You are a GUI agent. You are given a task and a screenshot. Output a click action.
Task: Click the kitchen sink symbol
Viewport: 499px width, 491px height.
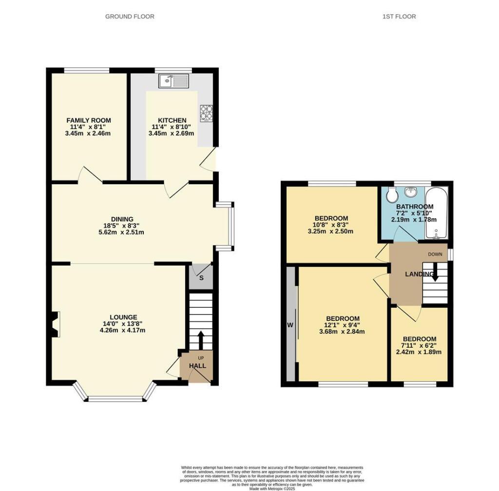pyautogui.click(x=173, y=81)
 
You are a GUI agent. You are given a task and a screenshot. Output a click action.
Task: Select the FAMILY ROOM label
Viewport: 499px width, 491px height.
pyautogui.click(x=89, y=120)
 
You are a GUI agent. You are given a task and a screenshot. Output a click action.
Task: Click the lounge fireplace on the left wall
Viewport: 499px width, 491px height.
pyautogui.click(x=55, y=324)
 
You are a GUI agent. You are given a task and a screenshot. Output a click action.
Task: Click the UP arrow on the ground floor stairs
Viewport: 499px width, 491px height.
pyautogui.click(x=200, y=340)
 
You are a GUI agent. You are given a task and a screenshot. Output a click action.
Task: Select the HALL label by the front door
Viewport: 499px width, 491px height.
pyautogui.click(x=197, y=366)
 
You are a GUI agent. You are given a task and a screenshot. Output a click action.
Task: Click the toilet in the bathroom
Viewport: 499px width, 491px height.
pyautogui.click(x=392, y=195)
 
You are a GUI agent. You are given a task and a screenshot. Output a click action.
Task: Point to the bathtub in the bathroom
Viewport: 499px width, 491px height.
pyautogui.click(x=436, y=213)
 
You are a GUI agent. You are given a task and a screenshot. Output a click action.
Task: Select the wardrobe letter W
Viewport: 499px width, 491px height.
pyautogui.click(x=290, y=325)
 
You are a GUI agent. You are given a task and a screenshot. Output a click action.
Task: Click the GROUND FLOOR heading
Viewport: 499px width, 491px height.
pyautogui.click(x=130, y=17)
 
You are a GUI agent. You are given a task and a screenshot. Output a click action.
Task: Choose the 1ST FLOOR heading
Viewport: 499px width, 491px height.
pyautogui.click(x=399, y=17)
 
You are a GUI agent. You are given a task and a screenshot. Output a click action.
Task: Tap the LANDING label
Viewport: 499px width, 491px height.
pyautogui.click(x=419, y=274)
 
